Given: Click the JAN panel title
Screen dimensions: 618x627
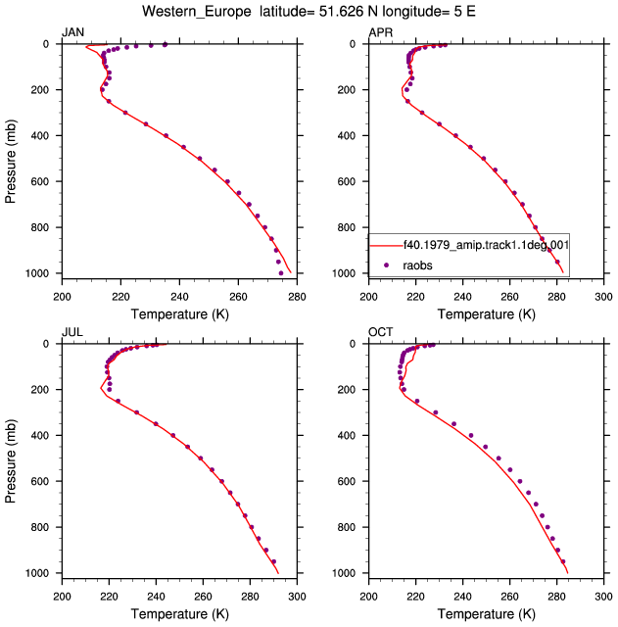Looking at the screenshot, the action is coord(72,32).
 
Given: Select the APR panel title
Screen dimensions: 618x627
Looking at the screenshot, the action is coord(381,32).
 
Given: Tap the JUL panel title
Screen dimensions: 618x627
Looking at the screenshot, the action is coord(72,332).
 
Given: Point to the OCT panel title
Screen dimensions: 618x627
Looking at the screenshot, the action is coord(381,332).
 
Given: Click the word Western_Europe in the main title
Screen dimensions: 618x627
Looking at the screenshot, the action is coord(197,12).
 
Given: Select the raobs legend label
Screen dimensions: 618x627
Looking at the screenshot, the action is coord(417,265).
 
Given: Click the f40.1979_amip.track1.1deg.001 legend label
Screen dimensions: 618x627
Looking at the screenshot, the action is coord(486,245).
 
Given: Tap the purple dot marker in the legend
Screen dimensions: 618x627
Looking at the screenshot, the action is coord(386,265).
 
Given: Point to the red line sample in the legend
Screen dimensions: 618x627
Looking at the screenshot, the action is coord(386,246).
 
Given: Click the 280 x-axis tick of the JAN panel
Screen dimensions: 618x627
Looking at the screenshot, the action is coord(297,297).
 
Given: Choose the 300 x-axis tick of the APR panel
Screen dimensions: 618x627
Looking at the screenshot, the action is coord(603,297).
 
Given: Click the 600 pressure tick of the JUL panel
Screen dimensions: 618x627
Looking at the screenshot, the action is coord(39,481).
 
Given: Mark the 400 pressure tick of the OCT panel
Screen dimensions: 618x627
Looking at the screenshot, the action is coord(346,435).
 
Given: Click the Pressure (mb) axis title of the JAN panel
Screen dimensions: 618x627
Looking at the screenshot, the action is coord(11,161).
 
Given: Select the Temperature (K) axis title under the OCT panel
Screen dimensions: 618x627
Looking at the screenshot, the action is coord(486,614).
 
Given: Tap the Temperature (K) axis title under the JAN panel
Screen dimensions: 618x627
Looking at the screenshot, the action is coord(180,314).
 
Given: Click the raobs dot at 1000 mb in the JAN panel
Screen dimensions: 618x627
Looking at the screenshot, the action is coord(281,273).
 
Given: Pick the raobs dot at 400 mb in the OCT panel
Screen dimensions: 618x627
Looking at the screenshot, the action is coord(471,435).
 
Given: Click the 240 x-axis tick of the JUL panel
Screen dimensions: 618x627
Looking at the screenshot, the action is coord(156,597).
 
